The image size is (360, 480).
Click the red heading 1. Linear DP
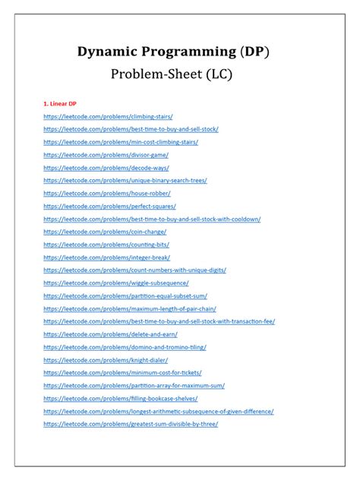coord(60,103)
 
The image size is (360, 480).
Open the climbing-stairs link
coord(108,116)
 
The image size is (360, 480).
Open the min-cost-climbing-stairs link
coord(121,142)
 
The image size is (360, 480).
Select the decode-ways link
coord(106,168)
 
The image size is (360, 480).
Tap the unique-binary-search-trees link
coord(125,181)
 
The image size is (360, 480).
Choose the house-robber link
coord(107,194)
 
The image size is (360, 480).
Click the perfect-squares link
coord(109,206)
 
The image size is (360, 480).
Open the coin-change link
coord(106,232)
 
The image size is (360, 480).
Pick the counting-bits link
coord(106,245)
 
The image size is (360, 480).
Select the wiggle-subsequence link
coord(116,283)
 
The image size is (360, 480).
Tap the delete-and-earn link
coord(110,334)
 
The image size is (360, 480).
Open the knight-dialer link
coord(106,360)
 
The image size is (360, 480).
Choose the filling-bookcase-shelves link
coord(121,399)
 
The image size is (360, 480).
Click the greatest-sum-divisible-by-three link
coord(131,424)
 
